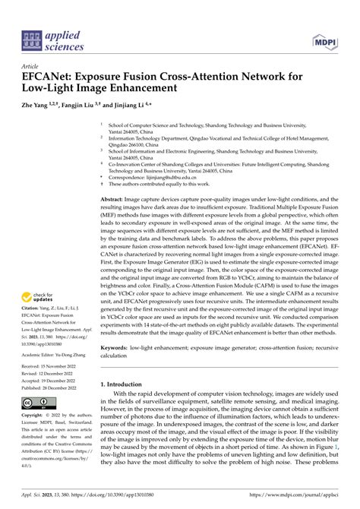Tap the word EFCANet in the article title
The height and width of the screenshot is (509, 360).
coord(52,77)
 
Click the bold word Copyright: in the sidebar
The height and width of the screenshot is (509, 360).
coord(35,416)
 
